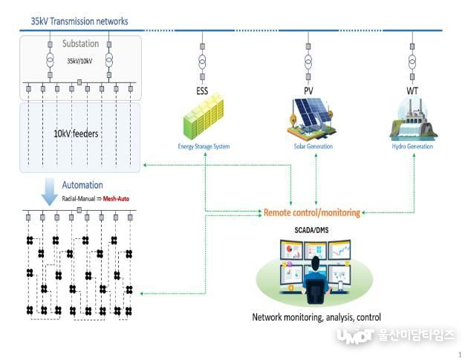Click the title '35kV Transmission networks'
(79, 22)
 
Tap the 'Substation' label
(80, 44)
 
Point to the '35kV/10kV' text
(79, 61)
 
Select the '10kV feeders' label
(76, 134)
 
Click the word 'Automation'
(82, 185)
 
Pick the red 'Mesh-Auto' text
(116, 199)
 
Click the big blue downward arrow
(50, 192)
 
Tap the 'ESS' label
(202, 91)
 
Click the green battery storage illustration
(204, 117)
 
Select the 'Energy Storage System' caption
(204, 146)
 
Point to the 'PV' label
(308, 91)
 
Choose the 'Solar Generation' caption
(313, 146)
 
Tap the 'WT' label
(412, 91)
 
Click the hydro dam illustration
(413, 120)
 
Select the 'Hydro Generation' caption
(412, 146)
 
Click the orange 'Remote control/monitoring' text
(312, 212)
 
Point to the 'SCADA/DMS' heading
(311, 230)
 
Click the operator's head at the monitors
(315, 264)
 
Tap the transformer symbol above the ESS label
(202, 62)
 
